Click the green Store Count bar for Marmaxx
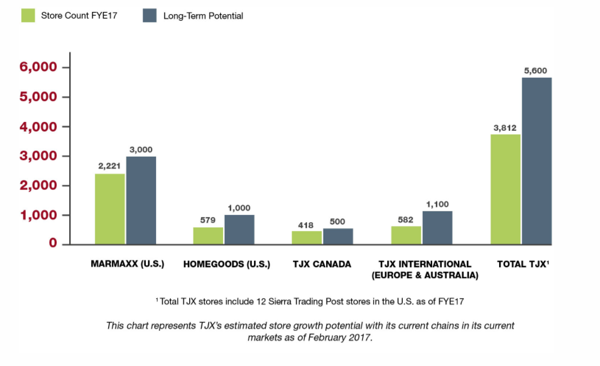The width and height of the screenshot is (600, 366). coord(110,209)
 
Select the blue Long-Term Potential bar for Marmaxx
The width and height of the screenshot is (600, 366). coord(141,200)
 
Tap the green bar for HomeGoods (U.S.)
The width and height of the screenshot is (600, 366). coord(208,236)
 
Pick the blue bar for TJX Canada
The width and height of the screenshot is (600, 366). coord(338,236)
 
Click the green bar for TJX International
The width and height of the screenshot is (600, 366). coord(406,235)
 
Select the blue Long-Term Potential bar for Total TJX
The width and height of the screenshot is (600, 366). coord(536,161)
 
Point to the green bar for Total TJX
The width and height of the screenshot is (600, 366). coord(505,189)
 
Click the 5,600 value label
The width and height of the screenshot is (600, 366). coord(535,70)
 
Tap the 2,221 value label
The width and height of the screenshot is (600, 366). coord(110,166)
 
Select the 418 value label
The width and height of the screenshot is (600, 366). coord(306,225)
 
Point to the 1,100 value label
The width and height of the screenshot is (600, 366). coord(437,204)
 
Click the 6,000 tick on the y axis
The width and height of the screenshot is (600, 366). coord(38,67)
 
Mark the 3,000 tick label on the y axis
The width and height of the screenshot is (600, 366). coord(38,156)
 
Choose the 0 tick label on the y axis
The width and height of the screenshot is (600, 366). coord(52,243)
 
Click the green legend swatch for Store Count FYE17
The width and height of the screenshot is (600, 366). coord(28,15)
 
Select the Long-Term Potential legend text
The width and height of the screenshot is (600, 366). coord(203,16)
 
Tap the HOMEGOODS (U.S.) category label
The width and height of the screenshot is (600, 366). coord(226,264)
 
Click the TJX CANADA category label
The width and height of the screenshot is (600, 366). coord(322,264)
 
